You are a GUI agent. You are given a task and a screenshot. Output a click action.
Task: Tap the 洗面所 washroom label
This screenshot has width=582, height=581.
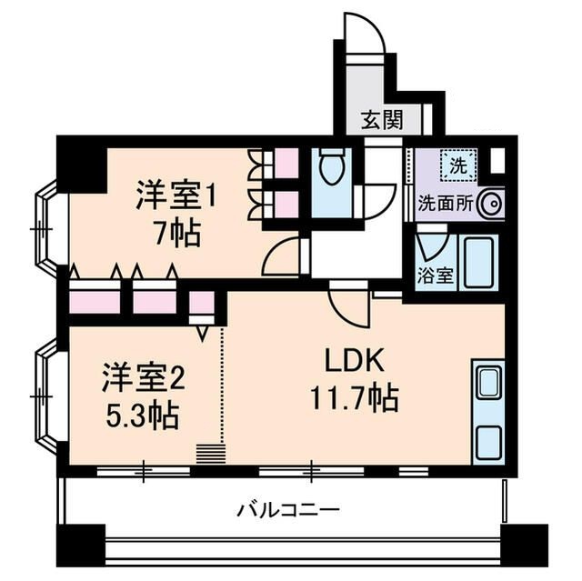click(x=444, y=204)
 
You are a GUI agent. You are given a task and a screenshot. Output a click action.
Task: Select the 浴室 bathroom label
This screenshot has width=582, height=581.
click(x=436, y=276)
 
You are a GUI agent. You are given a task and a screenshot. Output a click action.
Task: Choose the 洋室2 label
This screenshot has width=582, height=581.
click(x=142, y=375)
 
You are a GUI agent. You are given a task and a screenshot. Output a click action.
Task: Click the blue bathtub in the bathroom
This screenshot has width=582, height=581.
click(x=477, y=262)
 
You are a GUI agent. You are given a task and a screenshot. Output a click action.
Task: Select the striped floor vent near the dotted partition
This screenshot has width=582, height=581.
click(x=209, y=453)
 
